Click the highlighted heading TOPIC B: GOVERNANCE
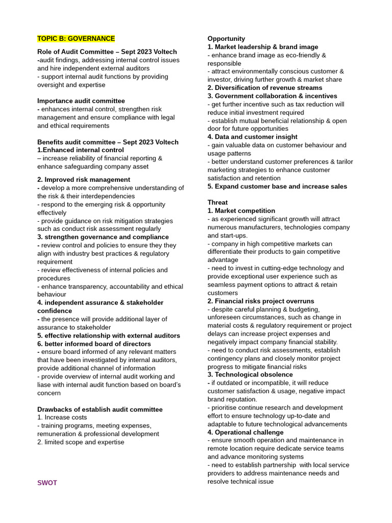tap(76, 39)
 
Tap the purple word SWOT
tap(47, 483)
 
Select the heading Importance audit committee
tap(81, 101)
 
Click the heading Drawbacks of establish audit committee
tap(100, 410)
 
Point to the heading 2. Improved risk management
tap(84, 180)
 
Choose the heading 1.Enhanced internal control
tap(81, 150)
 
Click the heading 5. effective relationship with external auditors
tap(109, 336)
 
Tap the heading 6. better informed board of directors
tap(94, 344)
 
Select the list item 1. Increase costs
tap(62, 417)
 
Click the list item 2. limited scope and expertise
tap(81, 442)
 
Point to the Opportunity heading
tap(226, 39)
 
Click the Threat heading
tap(217, 203)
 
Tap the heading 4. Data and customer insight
tap(252, 137)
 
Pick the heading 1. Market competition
tap(241, 211)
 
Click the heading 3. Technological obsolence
tap(250, 374)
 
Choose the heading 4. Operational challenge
tap(246, 432)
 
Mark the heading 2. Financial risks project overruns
tap(261, 301)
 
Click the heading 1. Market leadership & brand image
tap(263, 47)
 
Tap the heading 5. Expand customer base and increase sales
tap(277, 186)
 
